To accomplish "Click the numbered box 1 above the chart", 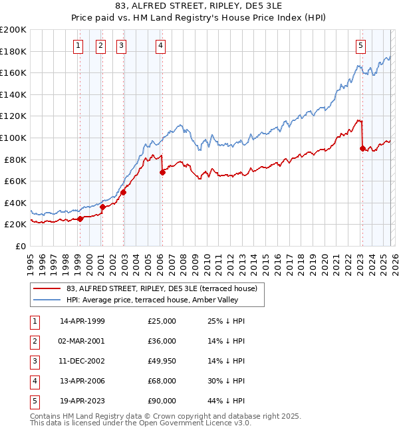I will [x=78, y=46].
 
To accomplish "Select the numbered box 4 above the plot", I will [x=161, y=46].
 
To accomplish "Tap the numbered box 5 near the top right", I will [x=360, y=46].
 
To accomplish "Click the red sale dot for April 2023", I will [x=362, y=149].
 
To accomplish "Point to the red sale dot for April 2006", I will [x=162, y=173].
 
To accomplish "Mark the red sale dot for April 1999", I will [x=80, y=219].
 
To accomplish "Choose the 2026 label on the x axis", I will [x=394, y=261].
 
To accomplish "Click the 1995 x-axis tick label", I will [x=31, y=261].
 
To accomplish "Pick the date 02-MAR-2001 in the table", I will [x=82, y=341].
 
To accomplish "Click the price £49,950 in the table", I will [x=162, y=360].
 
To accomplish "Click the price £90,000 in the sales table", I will [x=162, y=400].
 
